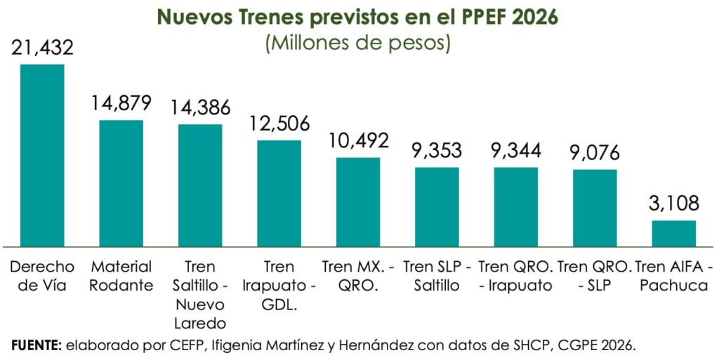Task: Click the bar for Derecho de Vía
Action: click(42, 155)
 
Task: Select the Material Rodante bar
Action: click(121, 183)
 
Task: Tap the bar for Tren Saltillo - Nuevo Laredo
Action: click(200, 185)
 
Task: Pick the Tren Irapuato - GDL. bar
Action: click(279, 194)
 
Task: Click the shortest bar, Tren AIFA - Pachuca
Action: click(673, 234)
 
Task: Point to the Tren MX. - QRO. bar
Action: click(358, 202)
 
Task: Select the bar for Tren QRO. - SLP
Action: click(595, 208)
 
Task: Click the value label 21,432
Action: click(42, 48)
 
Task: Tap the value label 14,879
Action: click(121, 103)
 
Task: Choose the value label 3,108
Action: click(673, 204)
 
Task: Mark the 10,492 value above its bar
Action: click(358, 140)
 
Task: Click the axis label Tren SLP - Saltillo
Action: click(437, 276)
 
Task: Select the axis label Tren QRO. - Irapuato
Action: click(516, 276)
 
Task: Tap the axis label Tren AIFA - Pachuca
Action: click(673, 276)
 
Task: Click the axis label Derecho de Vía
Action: click(42, 276)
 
